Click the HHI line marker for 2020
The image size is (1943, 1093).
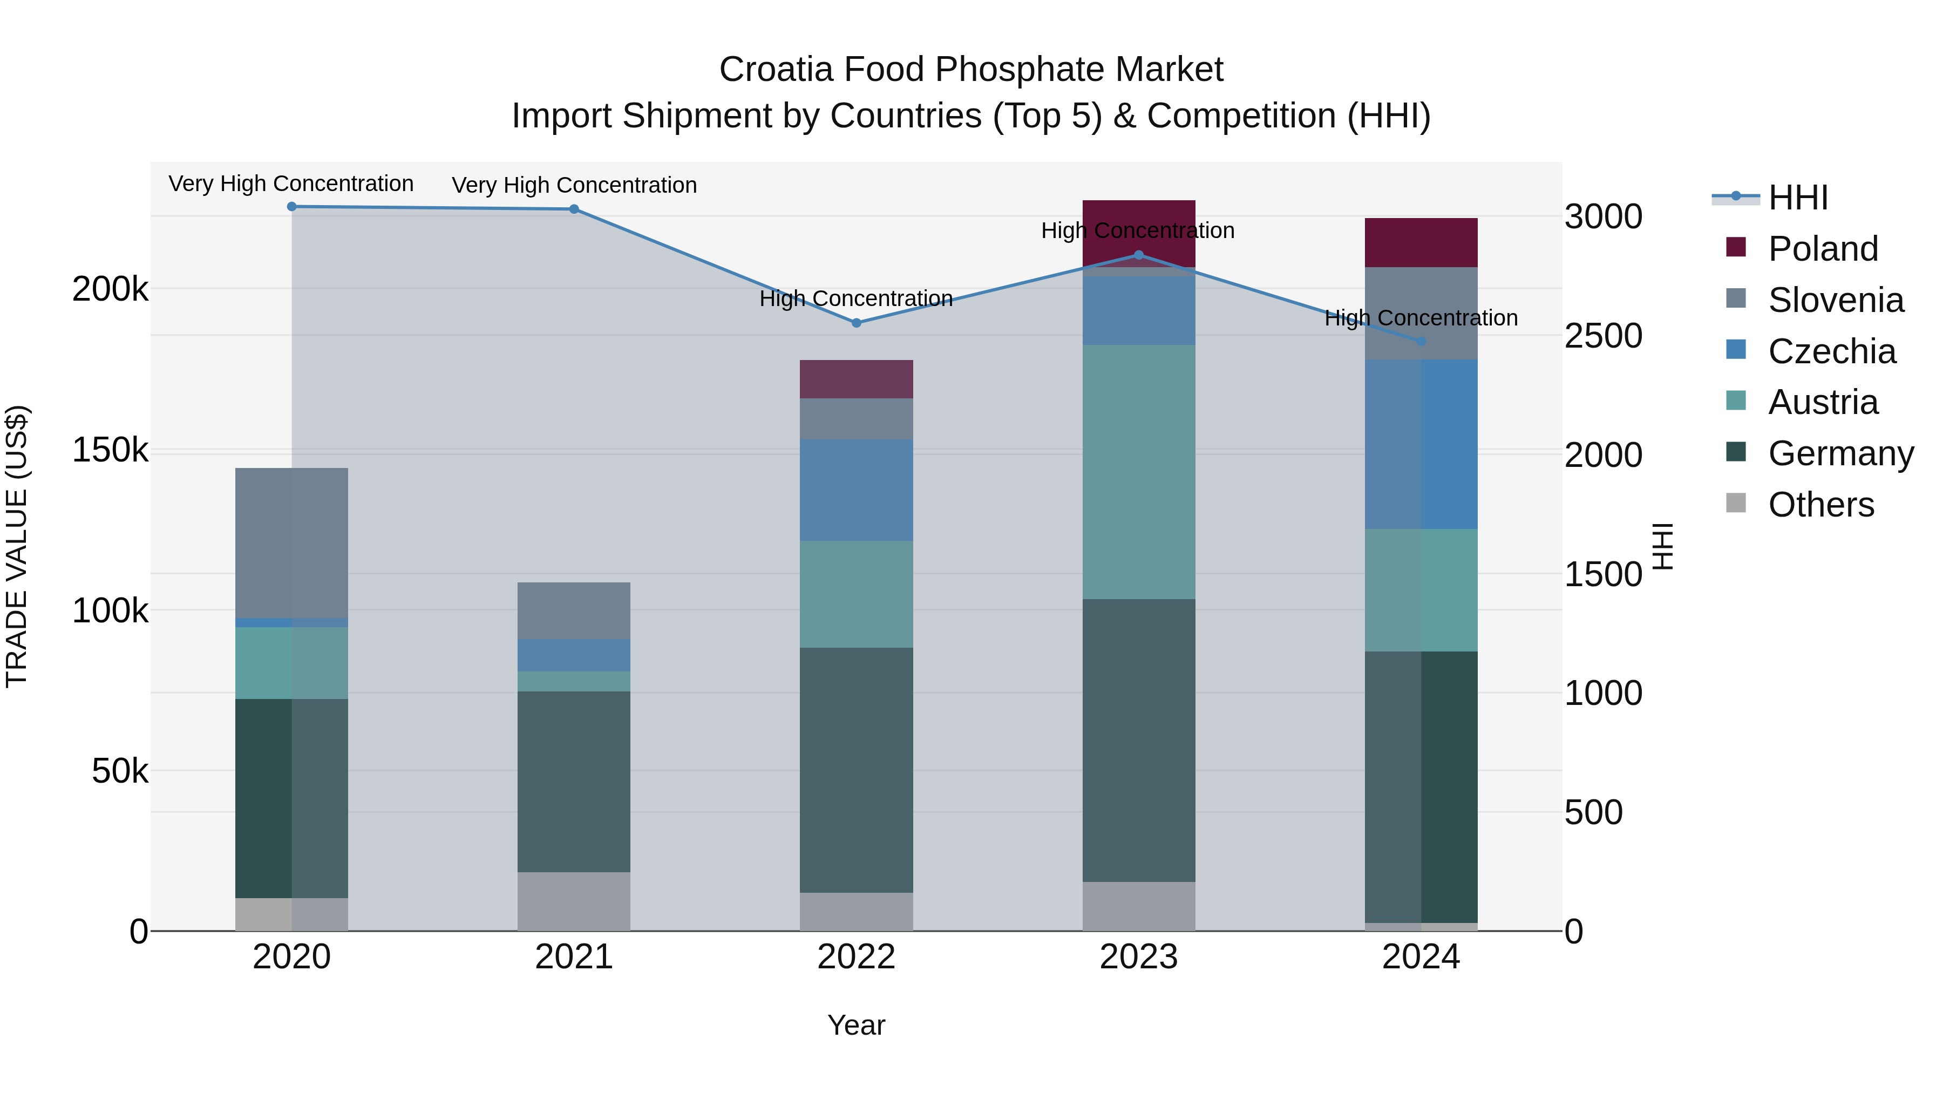pos(292,207)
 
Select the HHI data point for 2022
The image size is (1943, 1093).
pos(856,323)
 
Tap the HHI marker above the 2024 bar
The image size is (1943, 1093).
pos(1421,342)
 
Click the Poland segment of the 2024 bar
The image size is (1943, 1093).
pos(1421,243)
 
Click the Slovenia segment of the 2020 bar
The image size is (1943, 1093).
pos(292,542)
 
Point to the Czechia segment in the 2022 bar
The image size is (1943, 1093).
pos(856,490)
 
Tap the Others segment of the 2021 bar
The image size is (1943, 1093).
pos(574,901)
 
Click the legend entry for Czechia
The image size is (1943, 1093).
pos(1831,351)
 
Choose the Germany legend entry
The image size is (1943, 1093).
pos(1840,453)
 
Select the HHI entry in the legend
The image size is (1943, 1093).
pos(1797,198)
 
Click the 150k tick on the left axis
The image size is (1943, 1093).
pos(110,450)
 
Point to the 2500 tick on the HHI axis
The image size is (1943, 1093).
pos(1603,336)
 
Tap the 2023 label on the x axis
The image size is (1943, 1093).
pos(1139,957)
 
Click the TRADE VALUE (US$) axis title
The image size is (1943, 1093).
pos(17,546)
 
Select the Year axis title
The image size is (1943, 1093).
pos(856,1025)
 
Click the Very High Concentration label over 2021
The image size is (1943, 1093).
pos(574,186)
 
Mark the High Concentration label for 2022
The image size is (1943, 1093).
pos(856,298)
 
